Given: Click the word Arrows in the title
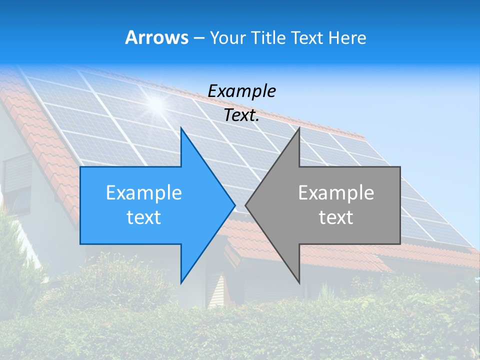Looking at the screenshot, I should pyautogui.click(x=156, y=37).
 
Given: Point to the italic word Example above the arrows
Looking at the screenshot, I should pyautogui.click(x=241, y=91).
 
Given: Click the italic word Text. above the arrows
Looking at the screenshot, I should pyautogui.click(x=241, y=115).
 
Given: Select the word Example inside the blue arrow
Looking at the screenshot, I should pyautogui.click(x=143, y=192).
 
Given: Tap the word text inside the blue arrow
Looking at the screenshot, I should pyautogui.click(x=143, y=217).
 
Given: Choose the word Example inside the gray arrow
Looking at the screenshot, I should pyautogui.click(x=336, y=192).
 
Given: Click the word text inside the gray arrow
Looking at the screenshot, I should pyautogui.click(x=336, y=217).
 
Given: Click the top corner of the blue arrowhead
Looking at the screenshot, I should pyautogui.click(x=181, y=128).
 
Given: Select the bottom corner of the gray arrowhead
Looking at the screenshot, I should pyautogui.click(x=299, y=282).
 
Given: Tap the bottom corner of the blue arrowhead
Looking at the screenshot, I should pyautogui.click(x=181, y=282).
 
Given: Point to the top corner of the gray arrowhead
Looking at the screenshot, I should pyautogui.click(x=299, y=128).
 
